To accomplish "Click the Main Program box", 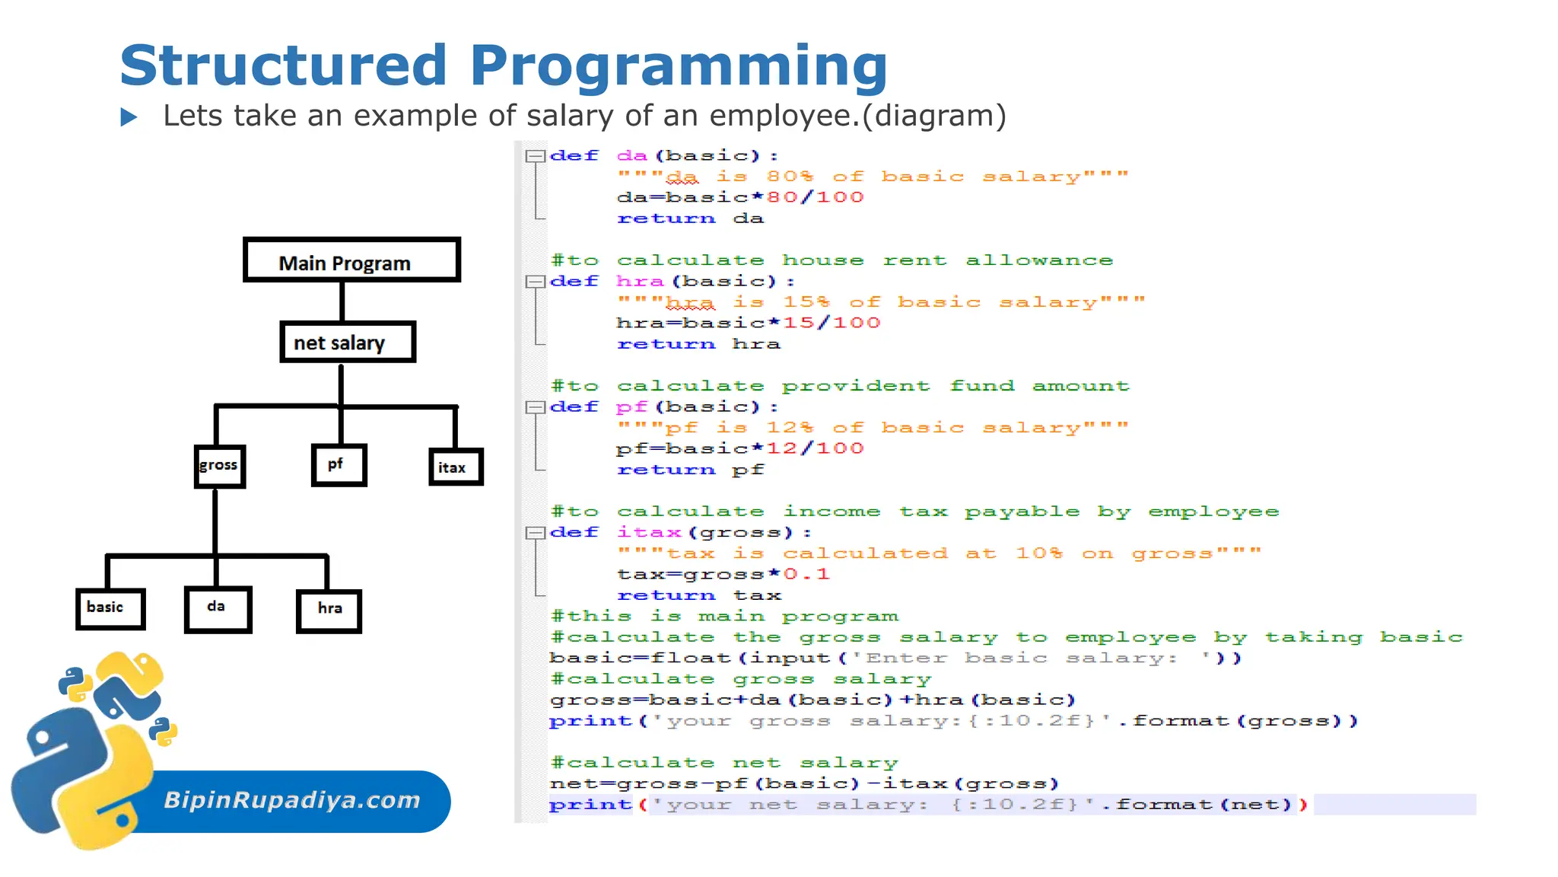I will tap(351, 260).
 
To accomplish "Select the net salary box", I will tap(347, 343).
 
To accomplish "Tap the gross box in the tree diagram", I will tap(219, 466).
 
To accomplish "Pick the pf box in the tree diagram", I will tap(339, 464).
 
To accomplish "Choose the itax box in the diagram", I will tap(455, 467).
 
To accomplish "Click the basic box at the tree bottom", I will tap(110, 608).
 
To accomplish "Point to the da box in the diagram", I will tap(218, 608).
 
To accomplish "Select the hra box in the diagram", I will tap(329, 610).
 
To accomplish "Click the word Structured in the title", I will tap(283, 65).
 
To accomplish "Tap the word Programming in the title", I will tap(679, 67).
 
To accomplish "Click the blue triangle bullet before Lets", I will tap(129, 117).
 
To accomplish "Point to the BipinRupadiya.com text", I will tap(292, 800).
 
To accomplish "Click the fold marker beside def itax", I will tap(535, 533).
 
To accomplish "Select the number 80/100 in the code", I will tap(815, 197).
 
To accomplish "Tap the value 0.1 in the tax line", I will tap(806, 574).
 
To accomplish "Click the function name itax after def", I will tap(649, 533).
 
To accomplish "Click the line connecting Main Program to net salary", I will tap(342, 301).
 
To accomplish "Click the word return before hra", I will tap(666, 344).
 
